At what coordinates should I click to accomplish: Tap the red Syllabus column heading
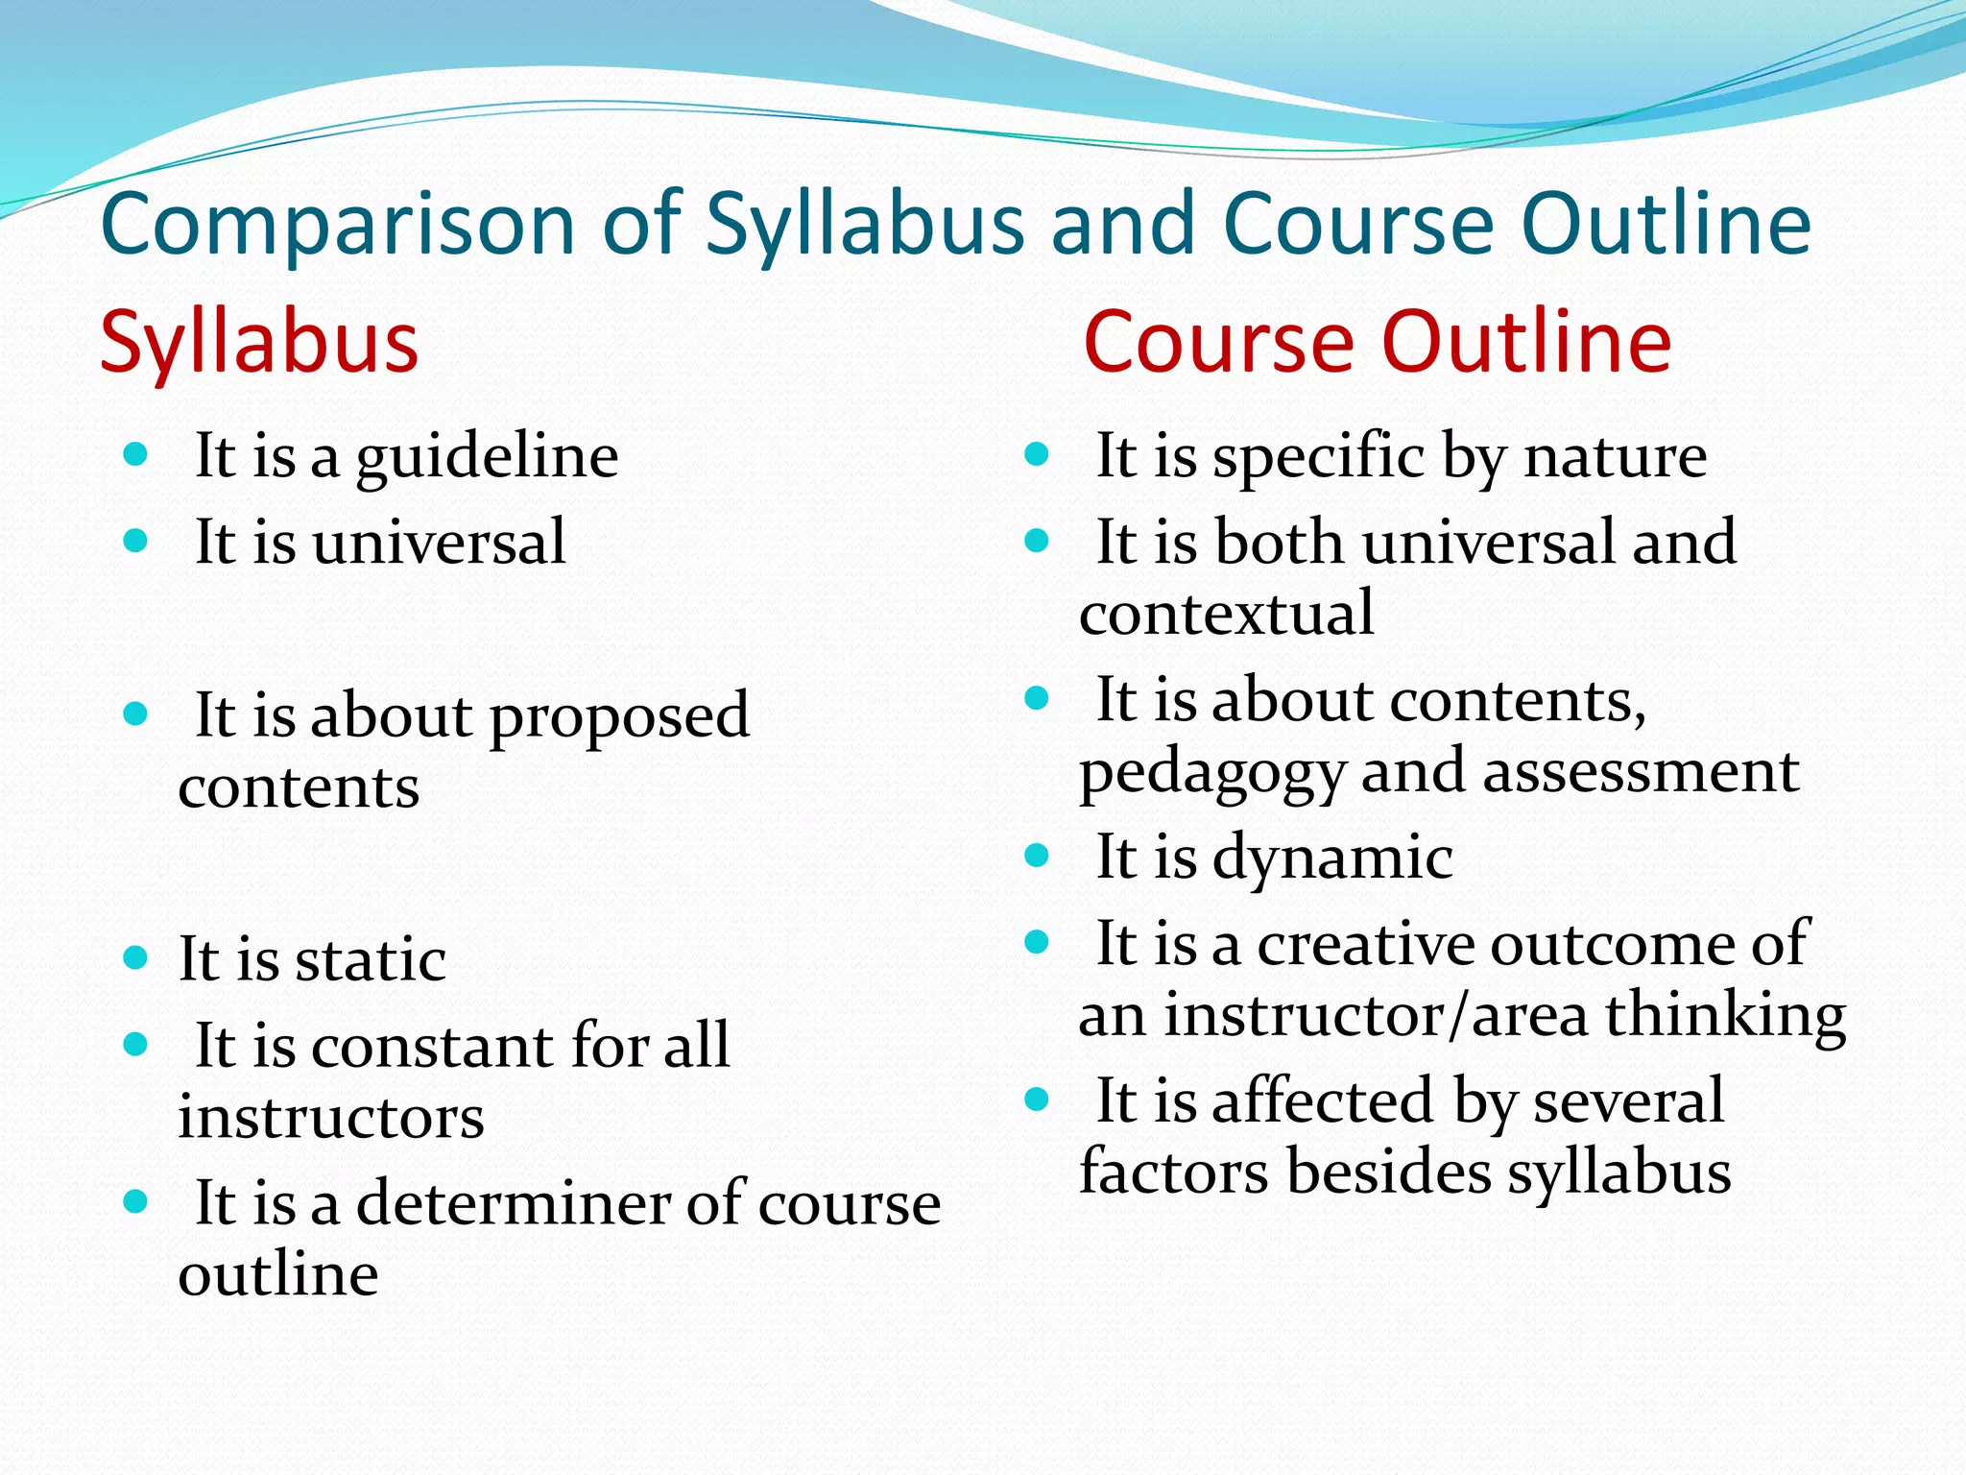(x=259, y=343)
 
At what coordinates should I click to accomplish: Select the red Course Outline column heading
(x=1378, y=343)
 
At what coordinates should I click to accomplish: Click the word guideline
(x=488, y=457)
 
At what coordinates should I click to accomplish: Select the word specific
(x=1319, y=457)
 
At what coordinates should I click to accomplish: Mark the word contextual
(x=1227, y=614)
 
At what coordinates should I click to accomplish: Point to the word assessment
(x=1641, y=771)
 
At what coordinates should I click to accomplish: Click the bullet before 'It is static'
(x=135, y=957)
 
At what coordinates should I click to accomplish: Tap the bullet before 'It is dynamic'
(x=1037, y=855)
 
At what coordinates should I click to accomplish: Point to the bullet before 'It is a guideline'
(x=135, y=453)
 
